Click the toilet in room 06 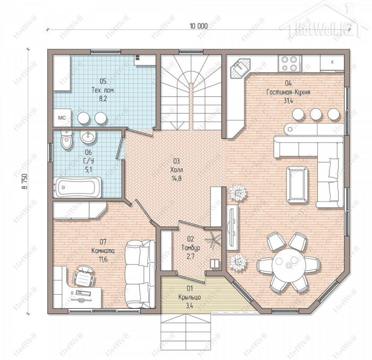tap(66, 140)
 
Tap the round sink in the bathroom tap(88, 137)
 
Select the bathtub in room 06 tap(78, 187)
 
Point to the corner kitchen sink tap(240, 68)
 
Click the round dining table tap(288, 264)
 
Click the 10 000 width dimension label tap(199, 26)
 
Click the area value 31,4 tap(288, 101)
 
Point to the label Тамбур tap(190, 248)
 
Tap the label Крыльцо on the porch tap(190, 297)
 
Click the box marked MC tap(62, 118)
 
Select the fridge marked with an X tap(332, 63)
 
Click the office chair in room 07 tap(83, 275)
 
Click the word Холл tap(176, 170)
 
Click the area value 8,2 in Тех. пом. tap(103, 98)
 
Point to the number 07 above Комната tap(103, 242)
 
